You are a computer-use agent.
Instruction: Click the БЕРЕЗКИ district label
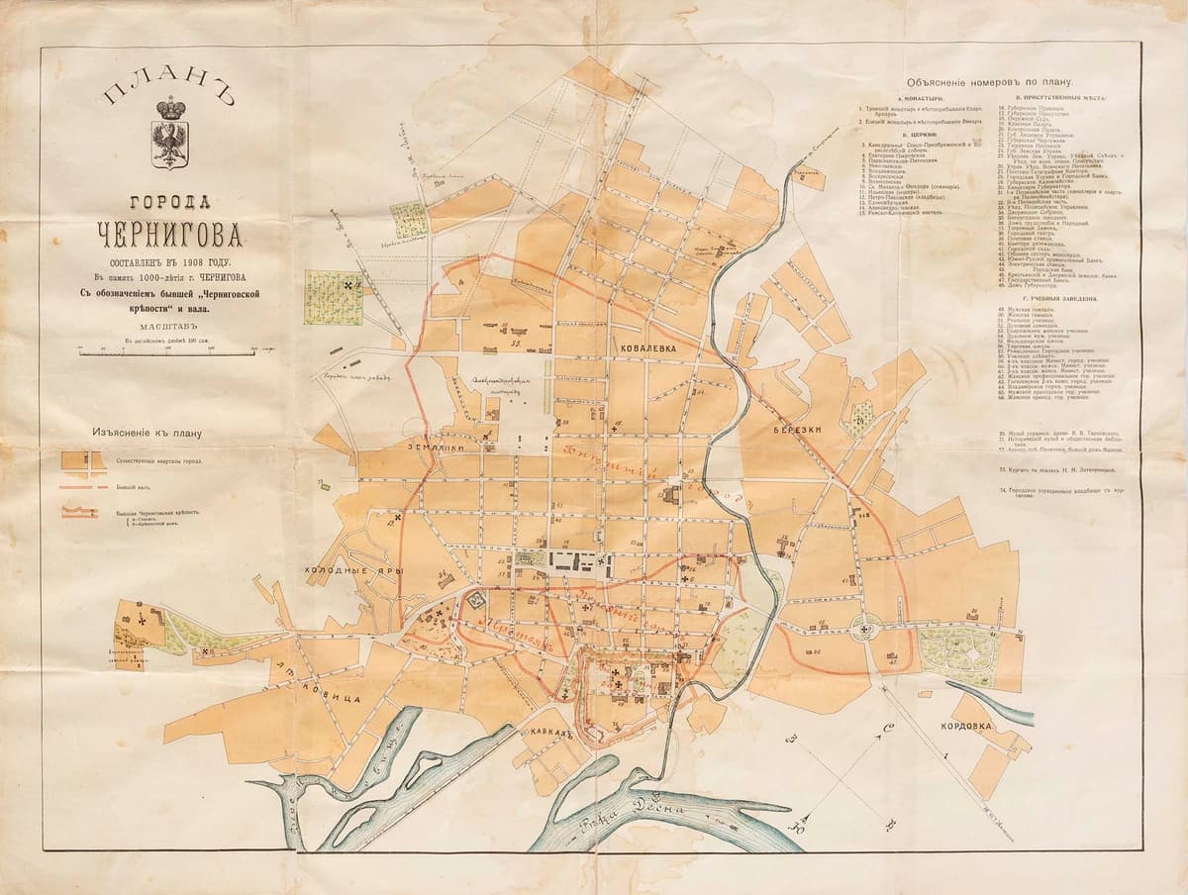click(x=793, y=433)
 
